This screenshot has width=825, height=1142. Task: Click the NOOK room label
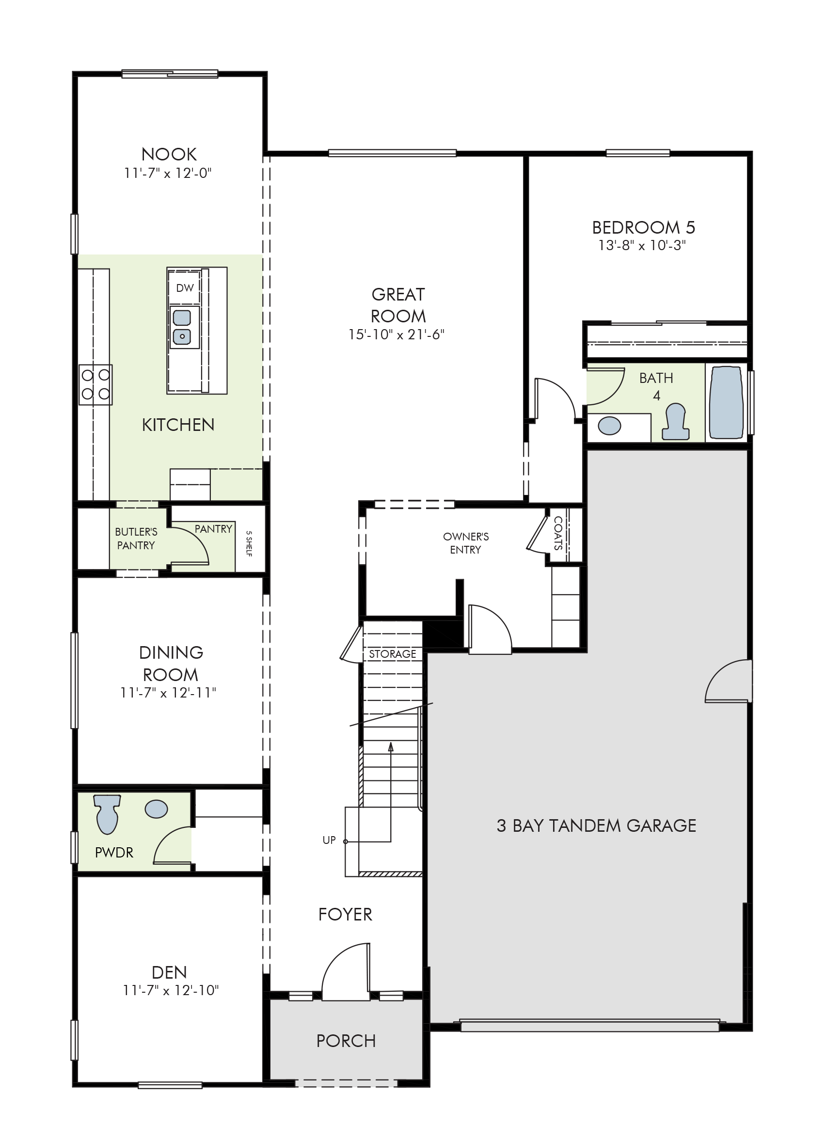(x=169, y=154)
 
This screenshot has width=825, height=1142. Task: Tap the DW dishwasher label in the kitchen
(x=185, y=288)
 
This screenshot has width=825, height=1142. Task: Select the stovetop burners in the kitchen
(x=95, y=384)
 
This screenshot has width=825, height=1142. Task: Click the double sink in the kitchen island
(x=182, y=327)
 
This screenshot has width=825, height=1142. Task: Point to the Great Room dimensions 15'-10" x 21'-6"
(x=397, y=334)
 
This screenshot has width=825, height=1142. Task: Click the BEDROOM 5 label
(x=644, y=228)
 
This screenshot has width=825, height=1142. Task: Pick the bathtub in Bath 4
(x=726, y=403)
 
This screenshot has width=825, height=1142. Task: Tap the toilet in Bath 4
(x=675, y=421)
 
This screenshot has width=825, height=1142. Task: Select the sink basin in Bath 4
(x=609, y=426)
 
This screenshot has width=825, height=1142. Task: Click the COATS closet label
(x=558, y=533)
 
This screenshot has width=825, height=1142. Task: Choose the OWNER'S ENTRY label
(x=466, y=543)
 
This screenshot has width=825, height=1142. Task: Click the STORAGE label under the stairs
(x=392, y=654)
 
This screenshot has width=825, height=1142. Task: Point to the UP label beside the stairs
(x=329, y=840)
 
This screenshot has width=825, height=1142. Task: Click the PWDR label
(x=114, y=853)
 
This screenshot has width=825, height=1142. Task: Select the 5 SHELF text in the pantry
(x=249, y=543)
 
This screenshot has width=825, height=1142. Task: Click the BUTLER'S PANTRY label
(x=136, y=538)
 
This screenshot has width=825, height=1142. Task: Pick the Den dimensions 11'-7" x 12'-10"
(x=171, y=990)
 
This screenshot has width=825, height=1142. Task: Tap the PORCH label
(x=346, y=1041)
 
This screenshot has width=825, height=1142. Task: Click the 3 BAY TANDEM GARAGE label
(x=596, y=825)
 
